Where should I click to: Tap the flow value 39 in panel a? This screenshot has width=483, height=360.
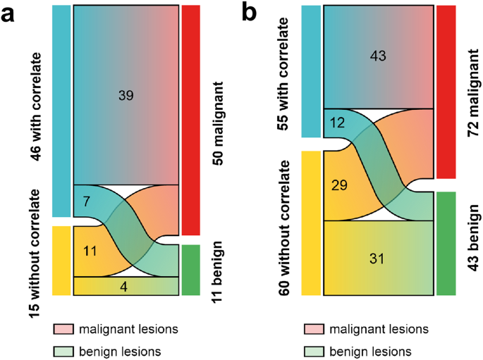(x=126, y=94)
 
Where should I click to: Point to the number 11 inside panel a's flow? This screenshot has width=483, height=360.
(x=90, y=250)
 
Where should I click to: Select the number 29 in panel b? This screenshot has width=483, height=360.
(x=339, y=187)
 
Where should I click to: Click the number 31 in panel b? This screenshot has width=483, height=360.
(x=378, y=258)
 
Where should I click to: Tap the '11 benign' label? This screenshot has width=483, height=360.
(x=217, y=272)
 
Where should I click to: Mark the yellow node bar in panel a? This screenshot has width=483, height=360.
(x=61, y=260)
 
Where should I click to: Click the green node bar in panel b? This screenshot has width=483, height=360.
(x=446, y=243)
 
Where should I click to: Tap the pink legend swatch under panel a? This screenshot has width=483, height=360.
(x=62, y=329)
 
